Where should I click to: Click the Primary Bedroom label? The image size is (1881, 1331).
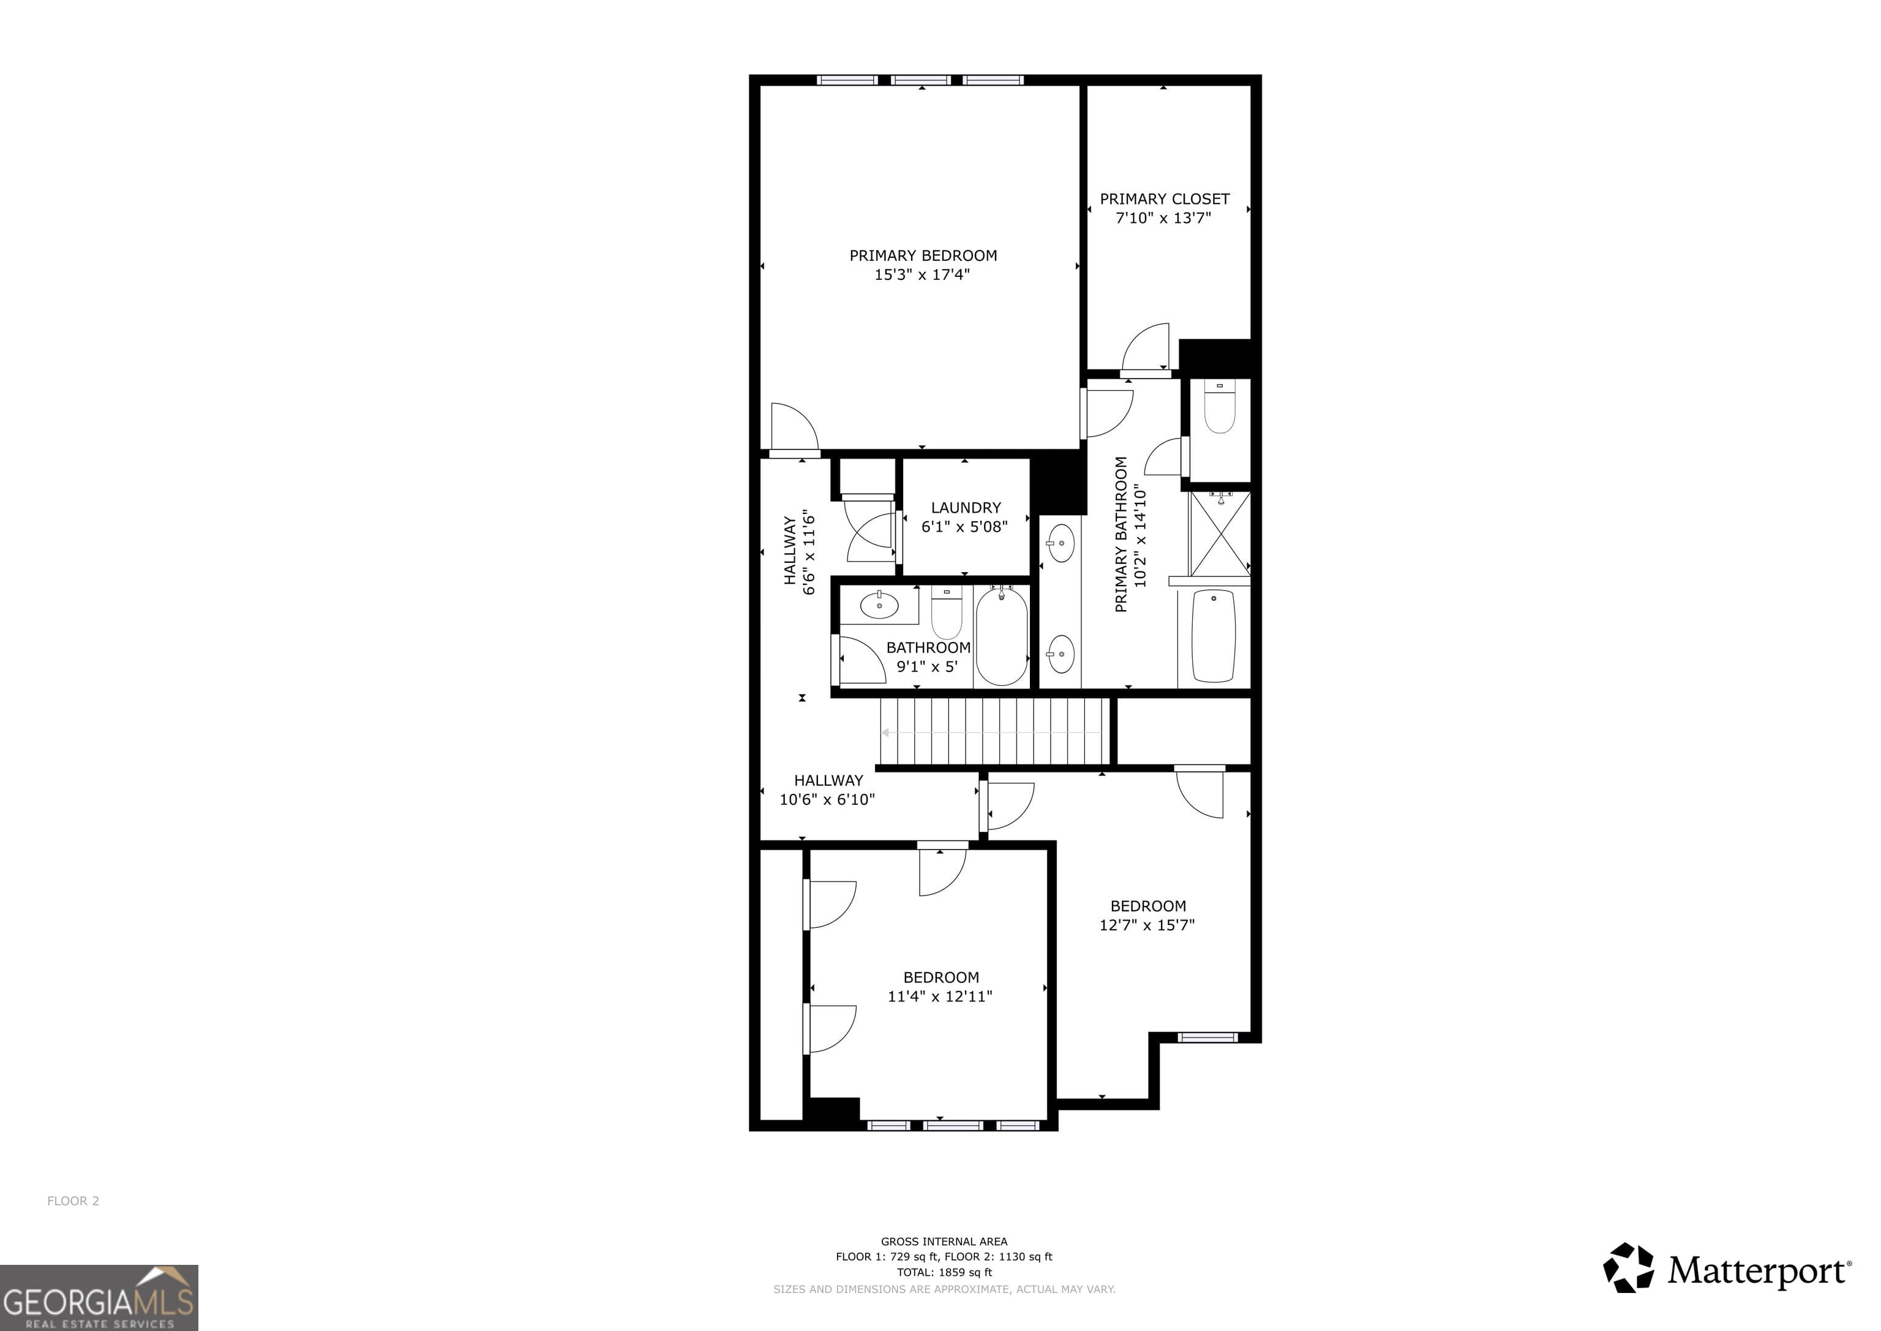tap(923, 255)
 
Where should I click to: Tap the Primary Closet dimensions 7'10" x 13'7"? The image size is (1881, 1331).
tap(1163, 218)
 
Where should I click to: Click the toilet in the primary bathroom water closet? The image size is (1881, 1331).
tap(1219, 409)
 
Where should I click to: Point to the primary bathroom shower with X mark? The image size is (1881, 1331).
tap(1219, 534)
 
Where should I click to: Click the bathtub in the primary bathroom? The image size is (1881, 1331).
tap(1214, 636)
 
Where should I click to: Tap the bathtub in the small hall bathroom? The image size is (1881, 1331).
tap(1001, 636)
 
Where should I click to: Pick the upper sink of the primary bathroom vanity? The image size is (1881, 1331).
tap(1061, 543)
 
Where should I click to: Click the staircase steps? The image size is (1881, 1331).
tap(993, 731)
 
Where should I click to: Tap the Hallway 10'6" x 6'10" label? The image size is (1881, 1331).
tap(827, 790)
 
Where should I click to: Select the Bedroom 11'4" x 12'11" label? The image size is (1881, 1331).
tap(940, 987)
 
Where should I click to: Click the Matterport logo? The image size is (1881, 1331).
tap(1727, 1270)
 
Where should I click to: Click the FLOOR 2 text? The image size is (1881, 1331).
tap(73, 1201)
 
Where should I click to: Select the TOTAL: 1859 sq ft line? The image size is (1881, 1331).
tap(944, 1272)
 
